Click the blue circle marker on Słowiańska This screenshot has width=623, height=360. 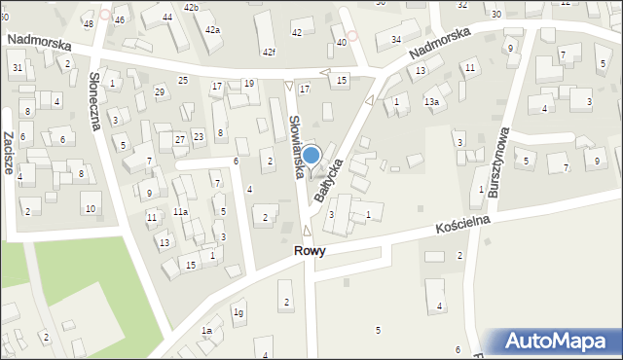[311, 155]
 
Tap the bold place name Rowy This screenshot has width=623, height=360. [309, 250]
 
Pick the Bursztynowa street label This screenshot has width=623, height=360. [500, 162]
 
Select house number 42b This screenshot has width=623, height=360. [191, 8]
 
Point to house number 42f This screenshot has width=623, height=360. [268, 52]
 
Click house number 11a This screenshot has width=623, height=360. [180, 211]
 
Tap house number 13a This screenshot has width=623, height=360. [431, 101]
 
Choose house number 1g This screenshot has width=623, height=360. [238, 311]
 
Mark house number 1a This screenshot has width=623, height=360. [206, 331]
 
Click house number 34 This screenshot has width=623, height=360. [396, 39]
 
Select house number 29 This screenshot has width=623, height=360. [160, 91]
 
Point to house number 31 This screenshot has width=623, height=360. [18, 67]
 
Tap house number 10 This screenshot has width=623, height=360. [90, 209]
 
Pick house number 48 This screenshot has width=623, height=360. [88, 23]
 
